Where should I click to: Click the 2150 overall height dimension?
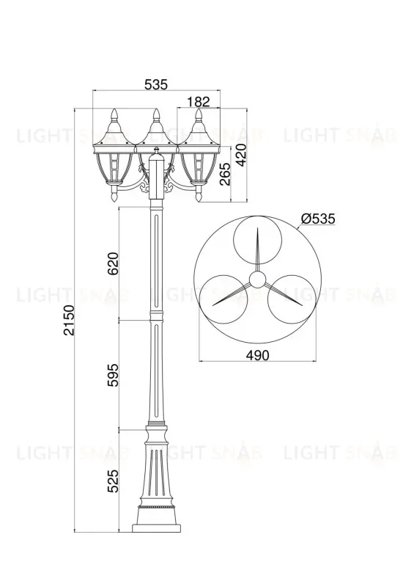(69, 320)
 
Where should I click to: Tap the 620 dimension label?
(113, 263)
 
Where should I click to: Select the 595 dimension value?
(113, 375)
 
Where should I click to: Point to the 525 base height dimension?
(113, 481)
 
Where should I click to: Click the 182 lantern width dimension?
(199, 101)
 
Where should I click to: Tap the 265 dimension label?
(225, 174)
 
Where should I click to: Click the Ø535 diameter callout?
(318, 218)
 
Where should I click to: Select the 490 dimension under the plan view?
(258, 355)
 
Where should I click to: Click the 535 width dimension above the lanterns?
(156, 84)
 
